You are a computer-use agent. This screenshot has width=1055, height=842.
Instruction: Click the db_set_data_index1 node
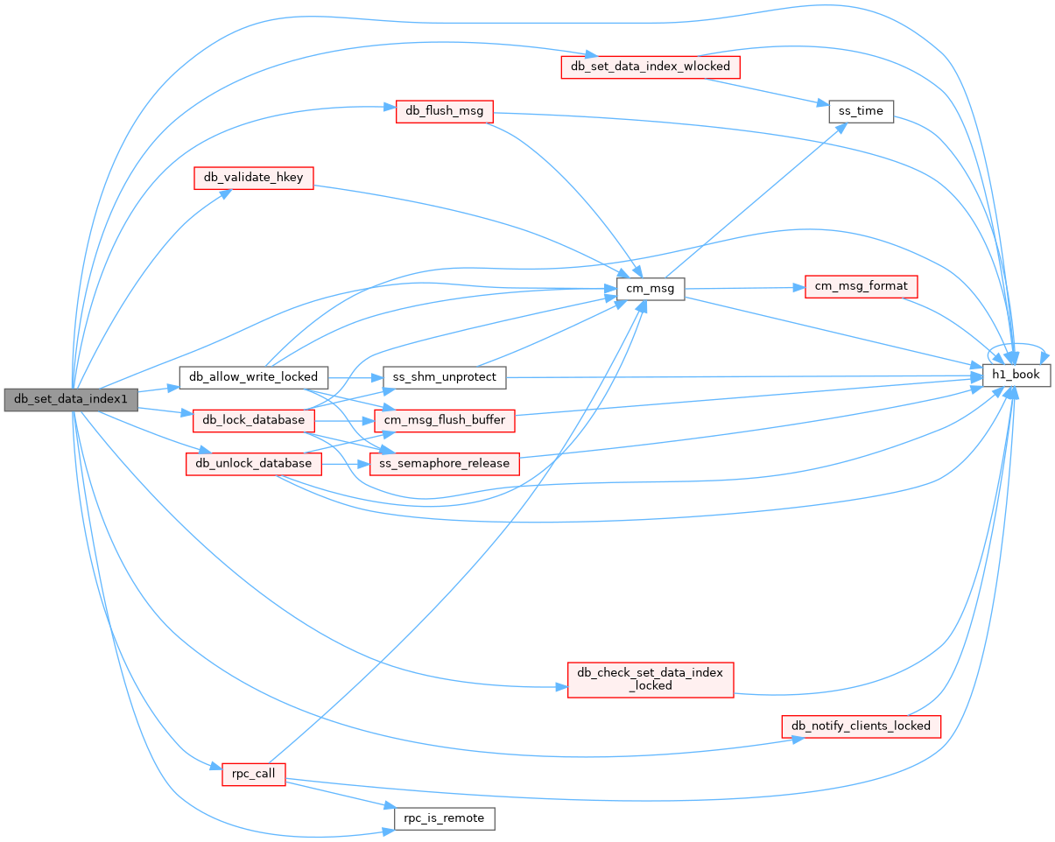point(71,399)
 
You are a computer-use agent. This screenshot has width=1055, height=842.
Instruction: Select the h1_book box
point(1016,375)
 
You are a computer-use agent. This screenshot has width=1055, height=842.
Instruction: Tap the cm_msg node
point(650,289)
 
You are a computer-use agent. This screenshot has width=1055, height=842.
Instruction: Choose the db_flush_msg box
point(444,111)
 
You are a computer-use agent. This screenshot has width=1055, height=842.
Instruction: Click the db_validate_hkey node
point(253,178)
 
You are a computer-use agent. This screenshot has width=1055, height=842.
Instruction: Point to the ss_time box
point(861,111)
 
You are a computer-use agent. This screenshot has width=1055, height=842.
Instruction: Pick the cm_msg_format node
point(861,286)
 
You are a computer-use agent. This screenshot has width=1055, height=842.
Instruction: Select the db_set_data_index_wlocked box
point(650,67)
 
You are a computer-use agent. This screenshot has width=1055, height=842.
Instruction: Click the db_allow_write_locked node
point(253,377)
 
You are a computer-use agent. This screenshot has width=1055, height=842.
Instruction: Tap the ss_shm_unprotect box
point(444,377)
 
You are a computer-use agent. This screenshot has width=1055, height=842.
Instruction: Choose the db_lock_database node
point(253,420)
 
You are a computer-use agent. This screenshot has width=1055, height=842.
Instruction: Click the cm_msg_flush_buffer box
point(444,420)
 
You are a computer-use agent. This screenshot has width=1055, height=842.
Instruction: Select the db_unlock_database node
point(253,464)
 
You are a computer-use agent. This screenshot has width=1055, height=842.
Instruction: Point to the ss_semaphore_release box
point(444,464)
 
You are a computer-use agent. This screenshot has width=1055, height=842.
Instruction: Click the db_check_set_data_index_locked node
point(650,680)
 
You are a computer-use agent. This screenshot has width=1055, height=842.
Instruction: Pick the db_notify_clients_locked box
point(861,726)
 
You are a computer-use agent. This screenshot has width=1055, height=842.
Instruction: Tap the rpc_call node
point(253,774)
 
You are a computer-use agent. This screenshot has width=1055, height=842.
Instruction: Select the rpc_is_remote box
point(444,818)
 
